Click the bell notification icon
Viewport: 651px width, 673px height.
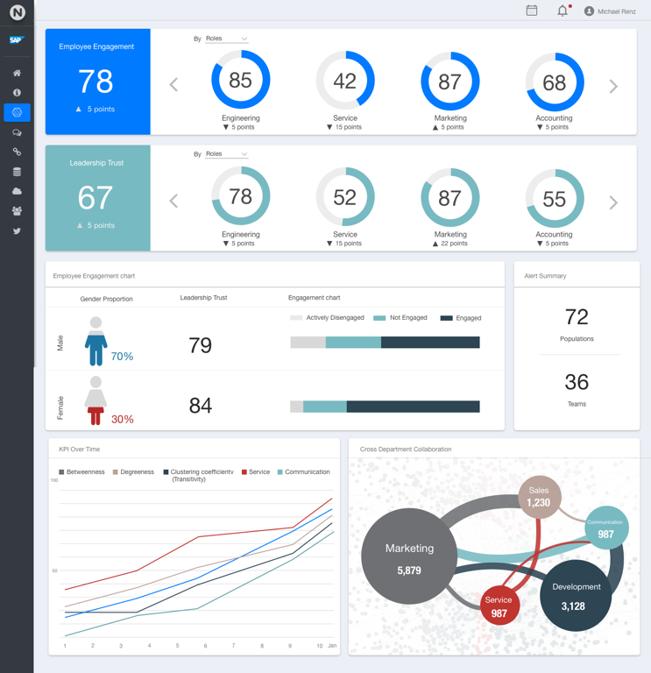pos(563,11)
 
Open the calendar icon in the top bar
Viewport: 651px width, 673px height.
pos(532,11)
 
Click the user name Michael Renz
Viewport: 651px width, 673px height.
pos(616,11)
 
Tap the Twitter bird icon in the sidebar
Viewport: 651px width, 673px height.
pos(17,231)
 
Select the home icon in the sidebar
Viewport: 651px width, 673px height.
pos(17,73)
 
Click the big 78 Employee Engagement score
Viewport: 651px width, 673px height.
pos(96,81)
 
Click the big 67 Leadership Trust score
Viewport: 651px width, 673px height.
pos(96,198)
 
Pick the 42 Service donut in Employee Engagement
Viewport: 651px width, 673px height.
pos(345,81)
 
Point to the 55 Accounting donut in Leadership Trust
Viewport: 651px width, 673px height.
pos(554,199)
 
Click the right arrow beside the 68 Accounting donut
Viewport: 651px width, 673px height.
pos(613,86)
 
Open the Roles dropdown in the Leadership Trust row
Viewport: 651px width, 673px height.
pos(226,154)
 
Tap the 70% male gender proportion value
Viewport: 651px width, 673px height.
pos(122,357)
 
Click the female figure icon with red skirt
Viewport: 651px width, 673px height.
pos(96,400)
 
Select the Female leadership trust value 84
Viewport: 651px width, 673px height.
pos(201,405)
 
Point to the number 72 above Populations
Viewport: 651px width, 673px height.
pos(577,316)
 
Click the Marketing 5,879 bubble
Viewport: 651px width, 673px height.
pos(409,556)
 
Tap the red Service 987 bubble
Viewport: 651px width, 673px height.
pos(499,605)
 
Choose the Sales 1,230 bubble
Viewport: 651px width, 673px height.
pos(539,497)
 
